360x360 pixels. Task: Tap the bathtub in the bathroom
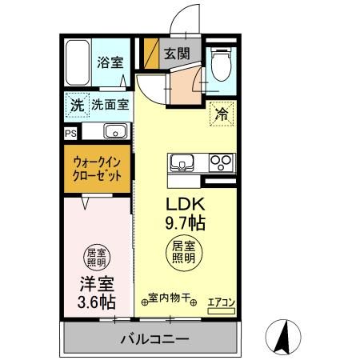tap(78, 62)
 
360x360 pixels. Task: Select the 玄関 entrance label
tap(177, 54)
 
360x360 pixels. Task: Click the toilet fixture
tap(220, 62)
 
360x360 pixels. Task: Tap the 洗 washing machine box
tap(76, 104)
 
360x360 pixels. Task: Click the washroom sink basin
tap(113, 132)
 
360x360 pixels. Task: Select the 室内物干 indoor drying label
tap(169, 298)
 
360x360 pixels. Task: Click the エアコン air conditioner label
tap(221, 302)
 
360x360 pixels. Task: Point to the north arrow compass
tap(282, 336)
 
